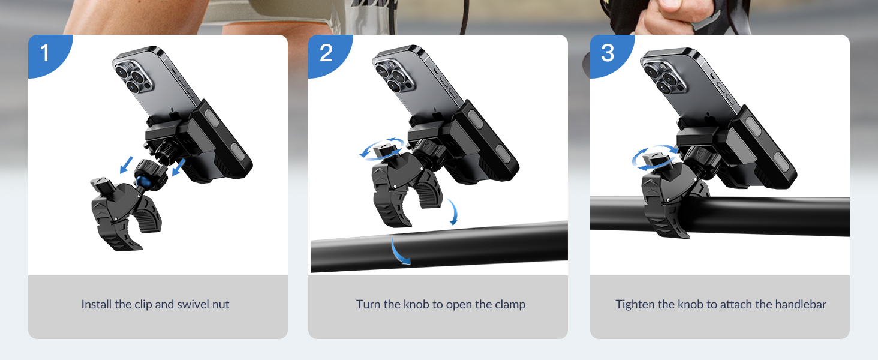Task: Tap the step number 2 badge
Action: tap(326, 53)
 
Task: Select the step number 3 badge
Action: tap(607, 53)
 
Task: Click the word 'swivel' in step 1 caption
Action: tap(173, 304)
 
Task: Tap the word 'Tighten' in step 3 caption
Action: tap(635, 304)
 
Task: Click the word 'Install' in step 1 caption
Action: tap(96, 304)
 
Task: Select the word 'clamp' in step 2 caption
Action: tap(509, 304)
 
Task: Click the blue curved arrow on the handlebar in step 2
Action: tap(399, 252)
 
